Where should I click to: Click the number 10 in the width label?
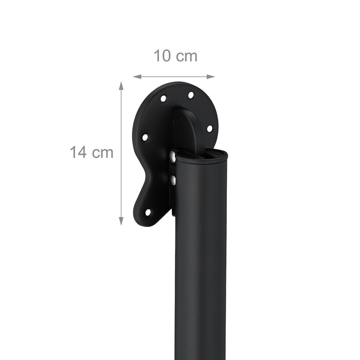[x=162, y=56]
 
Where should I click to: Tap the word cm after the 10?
[x=187, y=57]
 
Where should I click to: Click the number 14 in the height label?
[x=78, y=152]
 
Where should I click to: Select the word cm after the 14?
[x=103, y=153]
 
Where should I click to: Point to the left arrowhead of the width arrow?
[x=137, y=77]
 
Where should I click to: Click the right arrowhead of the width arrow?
[x=211, y=77]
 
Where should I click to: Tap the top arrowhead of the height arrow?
[x=121, y=85]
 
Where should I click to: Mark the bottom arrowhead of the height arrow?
[x=121, y=221]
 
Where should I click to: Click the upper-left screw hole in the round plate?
[x=164, y=99]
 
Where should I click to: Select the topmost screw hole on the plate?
[x=191, y=95]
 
